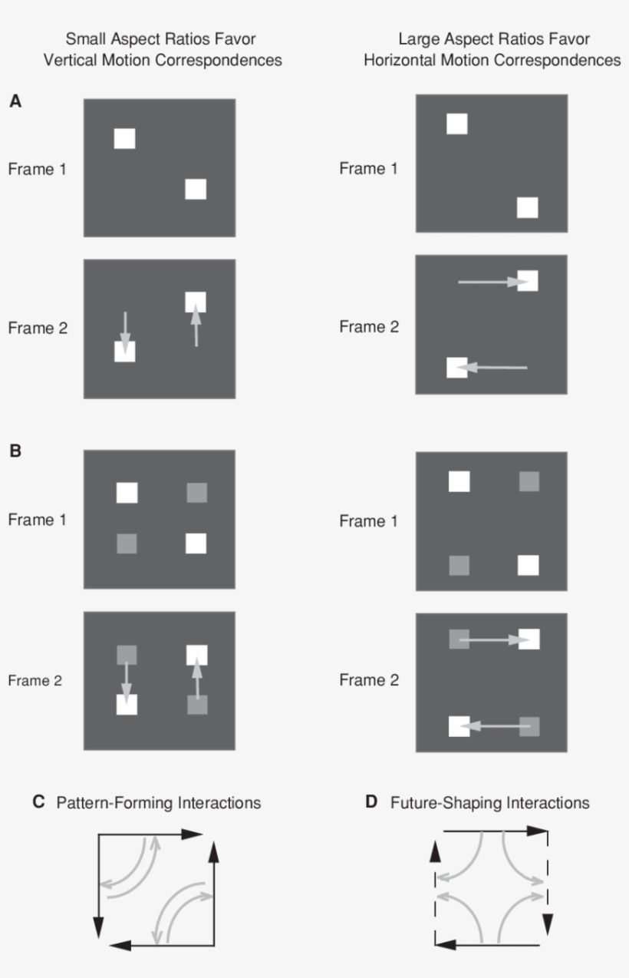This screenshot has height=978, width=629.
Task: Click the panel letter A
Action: pos(15,101)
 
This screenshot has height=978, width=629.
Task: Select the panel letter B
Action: pos(15,451)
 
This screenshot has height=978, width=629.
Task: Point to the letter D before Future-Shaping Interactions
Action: pos(371,803)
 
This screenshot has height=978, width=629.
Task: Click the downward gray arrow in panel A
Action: pos(125,329)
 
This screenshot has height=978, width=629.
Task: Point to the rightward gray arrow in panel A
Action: pos(491,282)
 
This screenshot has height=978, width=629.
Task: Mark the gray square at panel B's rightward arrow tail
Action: pos(459,639)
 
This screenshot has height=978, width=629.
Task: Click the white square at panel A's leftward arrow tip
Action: pos(457,368)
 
